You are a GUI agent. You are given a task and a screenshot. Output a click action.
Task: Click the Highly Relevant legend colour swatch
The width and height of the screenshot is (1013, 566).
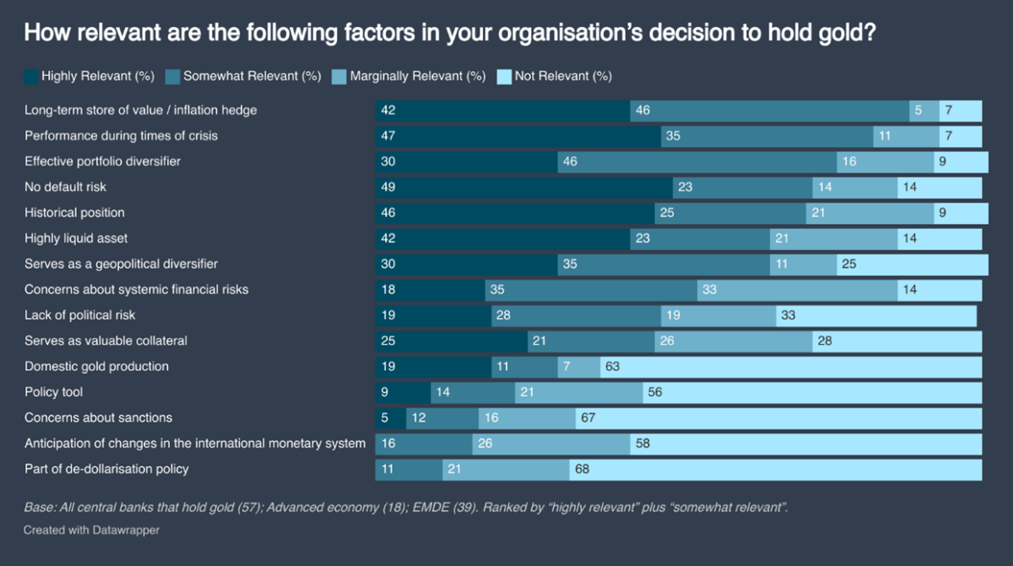point(30,76)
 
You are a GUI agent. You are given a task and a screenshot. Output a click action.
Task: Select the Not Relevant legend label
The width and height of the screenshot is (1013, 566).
point(562,76)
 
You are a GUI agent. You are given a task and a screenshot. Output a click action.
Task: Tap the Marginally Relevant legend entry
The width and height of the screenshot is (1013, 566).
point(417,76)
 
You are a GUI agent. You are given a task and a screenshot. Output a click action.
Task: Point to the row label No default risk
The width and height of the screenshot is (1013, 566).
point(66,187)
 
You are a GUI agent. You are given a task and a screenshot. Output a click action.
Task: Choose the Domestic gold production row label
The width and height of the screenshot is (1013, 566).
point(96,367)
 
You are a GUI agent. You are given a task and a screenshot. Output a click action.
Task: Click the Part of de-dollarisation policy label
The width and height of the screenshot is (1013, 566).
point(106,469)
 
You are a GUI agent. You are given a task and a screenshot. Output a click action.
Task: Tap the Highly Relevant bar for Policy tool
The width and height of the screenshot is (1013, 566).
point(403,392)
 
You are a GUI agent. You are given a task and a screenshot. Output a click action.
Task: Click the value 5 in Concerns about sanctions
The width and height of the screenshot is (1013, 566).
point(384,417)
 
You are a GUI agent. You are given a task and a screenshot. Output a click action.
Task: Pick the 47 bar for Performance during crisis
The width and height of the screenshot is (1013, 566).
point(517,135)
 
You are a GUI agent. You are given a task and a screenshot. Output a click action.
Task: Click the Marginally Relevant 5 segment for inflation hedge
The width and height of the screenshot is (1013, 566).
point(924,110)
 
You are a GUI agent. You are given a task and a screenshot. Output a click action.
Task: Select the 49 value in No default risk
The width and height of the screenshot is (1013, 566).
point(388,187)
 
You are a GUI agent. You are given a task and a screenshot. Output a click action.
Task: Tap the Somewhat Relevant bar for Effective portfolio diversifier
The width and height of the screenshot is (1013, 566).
point(697,161)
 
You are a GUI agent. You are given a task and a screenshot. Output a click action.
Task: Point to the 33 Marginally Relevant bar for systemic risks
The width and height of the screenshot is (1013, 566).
point(797,290)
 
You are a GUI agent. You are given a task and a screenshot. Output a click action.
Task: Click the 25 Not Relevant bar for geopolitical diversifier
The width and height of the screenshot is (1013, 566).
point(912,264)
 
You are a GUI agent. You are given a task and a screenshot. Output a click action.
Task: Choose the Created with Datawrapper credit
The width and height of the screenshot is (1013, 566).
point(91,531)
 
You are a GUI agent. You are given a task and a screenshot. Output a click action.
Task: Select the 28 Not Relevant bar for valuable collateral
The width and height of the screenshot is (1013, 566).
point(897,340)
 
